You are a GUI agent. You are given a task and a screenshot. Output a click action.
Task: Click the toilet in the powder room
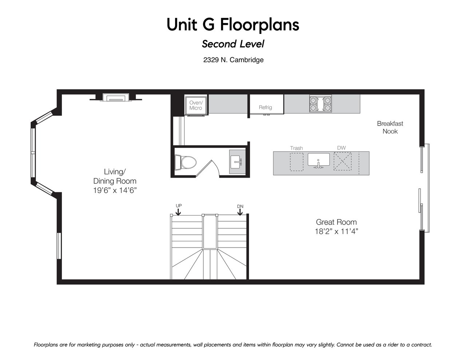(x=186, y=162)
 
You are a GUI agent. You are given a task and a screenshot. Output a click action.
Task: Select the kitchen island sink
(x=319, y=160)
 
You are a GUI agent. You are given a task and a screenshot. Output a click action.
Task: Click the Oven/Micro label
(x=196, y=105)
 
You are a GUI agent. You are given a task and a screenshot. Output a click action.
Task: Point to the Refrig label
(x=265, y=107)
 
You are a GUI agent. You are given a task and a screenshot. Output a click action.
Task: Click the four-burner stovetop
(x=320, y=104)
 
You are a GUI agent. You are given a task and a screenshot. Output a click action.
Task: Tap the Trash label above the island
(x=296, y=148)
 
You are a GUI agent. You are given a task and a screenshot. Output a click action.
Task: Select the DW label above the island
(x=341, y=148)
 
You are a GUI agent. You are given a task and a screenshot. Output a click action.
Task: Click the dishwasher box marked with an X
(x=343, y=161)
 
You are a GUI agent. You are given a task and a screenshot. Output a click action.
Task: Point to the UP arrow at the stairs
(x=178, y=212)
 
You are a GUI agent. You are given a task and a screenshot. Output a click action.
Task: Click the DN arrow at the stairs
(x=240, y=212)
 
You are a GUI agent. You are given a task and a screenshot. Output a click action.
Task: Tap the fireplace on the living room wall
(x=116, y=97)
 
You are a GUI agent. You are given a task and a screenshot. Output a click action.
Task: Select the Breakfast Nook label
(x=390, y=127)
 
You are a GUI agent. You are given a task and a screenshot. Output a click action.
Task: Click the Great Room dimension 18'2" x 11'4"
(x=336, y=232)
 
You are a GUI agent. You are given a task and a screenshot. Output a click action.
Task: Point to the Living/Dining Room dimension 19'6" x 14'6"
(x=115, y=190)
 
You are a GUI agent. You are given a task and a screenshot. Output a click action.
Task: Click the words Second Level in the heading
(x=233, y=44)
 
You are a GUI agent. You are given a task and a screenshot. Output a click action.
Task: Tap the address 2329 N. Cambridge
(x=233, y=60)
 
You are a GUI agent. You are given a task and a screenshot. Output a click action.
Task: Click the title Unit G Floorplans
(x=233, y=24)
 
